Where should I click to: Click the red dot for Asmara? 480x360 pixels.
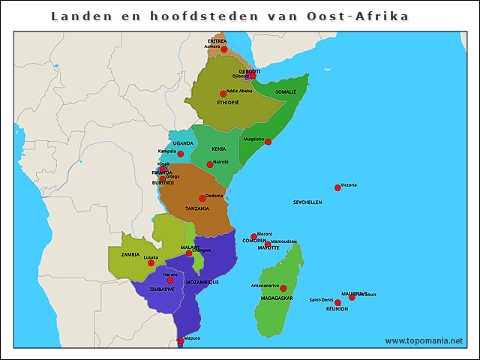pos(224,49)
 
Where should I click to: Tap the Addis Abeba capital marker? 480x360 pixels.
pos(223,94)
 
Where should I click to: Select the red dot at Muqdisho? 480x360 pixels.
pos(268,142)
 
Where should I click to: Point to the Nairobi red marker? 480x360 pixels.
pos(209,164)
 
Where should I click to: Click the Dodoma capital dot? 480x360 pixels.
pos(202,198)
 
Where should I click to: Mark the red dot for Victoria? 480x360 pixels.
pos(337,187)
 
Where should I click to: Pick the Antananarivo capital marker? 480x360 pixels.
pos(283,288)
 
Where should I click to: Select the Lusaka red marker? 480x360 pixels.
pos(151,262)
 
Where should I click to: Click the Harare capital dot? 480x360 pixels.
pos(180,280)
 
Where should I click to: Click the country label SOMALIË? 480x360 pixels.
pos(286,91)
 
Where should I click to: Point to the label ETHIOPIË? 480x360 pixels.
pos(227,103)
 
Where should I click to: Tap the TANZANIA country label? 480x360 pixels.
pos(197,208)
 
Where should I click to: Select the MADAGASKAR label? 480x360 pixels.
pos(277,298)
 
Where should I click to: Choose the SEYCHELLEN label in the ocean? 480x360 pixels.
pos(307,202)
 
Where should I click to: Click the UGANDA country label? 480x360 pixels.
pos(183,143)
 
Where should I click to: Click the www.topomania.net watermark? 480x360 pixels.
pos(424,340)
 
